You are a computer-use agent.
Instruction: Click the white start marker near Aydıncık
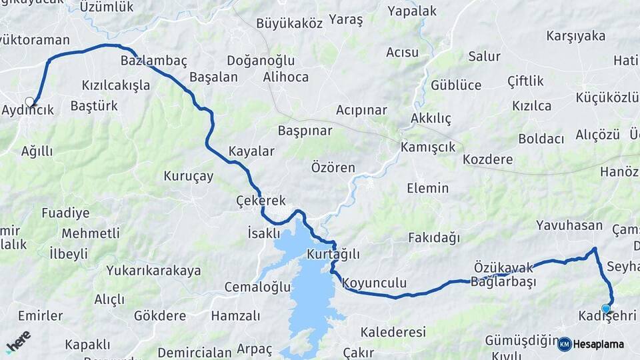tap(29, 102)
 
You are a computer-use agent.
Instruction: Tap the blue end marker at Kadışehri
tap(605, 309)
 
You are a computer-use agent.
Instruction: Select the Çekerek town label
tap(261, 201)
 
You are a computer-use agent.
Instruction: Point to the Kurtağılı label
tap(333, 254)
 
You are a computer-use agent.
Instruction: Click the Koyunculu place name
tap(375, 283)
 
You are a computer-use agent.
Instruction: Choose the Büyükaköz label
tap(287, 23)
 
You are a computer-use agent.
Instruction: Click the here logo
tap(18, 341)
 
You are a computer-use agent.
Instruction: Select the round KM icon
tap(564, 344)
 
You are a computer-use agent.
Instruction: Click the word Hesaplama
tap(599, 345)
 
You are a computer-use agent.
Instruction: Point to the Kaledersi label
tap(393, 332)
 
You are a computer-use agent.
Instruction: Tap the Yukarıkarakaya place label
tap(153, 271)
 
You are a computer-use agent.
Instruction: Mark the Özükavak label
tap(504, 267)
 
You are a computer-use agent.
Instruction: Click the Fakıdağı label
tap(434, 237)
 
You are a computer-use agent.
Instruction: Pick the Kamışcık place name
tap(428, 147)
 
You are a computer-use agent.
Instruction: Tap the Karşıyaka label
tap(575, 36)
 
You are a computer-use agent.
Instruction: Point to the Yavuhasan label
tap(569, 226)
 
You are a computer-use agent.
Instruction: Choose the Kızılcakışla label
tap(115, 85)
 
